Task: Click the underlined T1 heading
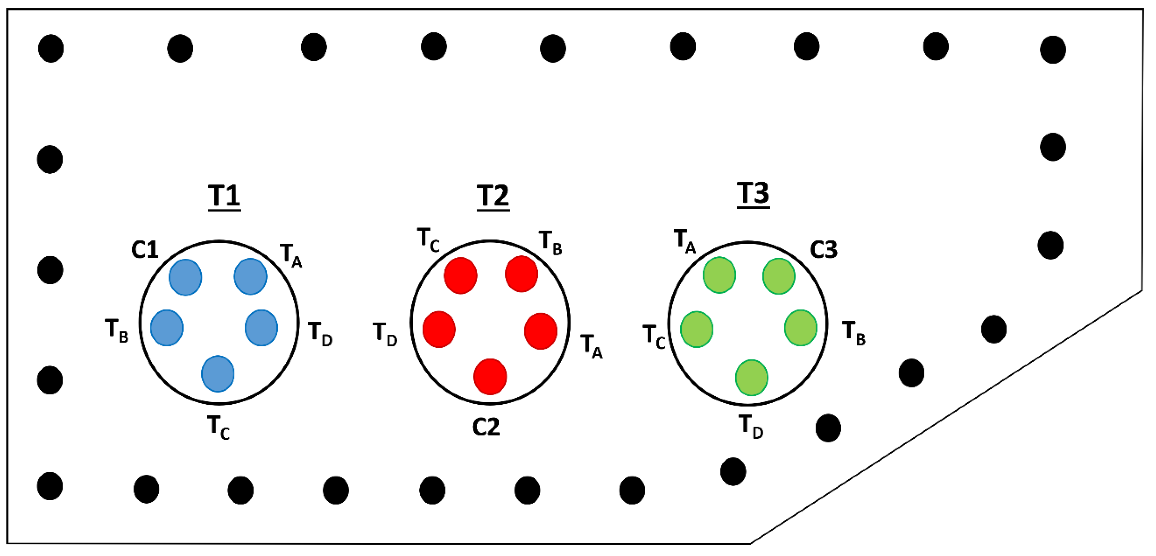point(224,196)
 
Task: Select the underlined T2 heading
point(493,196)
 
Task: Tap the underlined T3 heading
point(753,194)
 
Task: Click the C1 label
point(144,250)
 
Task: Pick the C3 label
point(824,250)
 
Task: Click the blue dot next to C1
point(185,277)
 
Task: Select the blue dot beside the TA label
point(250,276)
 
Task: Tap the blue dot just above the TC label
point(218,373)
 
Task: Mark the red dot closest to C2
point(490,377)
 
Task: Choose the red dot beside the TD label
point(439,329)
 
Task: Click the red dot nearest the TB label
point(522,274)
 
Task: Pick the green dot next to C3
point(779,276)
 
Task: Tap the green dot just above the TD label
point(751,378)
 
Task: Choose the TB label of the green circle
point(854,333)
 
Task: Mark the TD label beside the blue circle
point(320,334)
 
